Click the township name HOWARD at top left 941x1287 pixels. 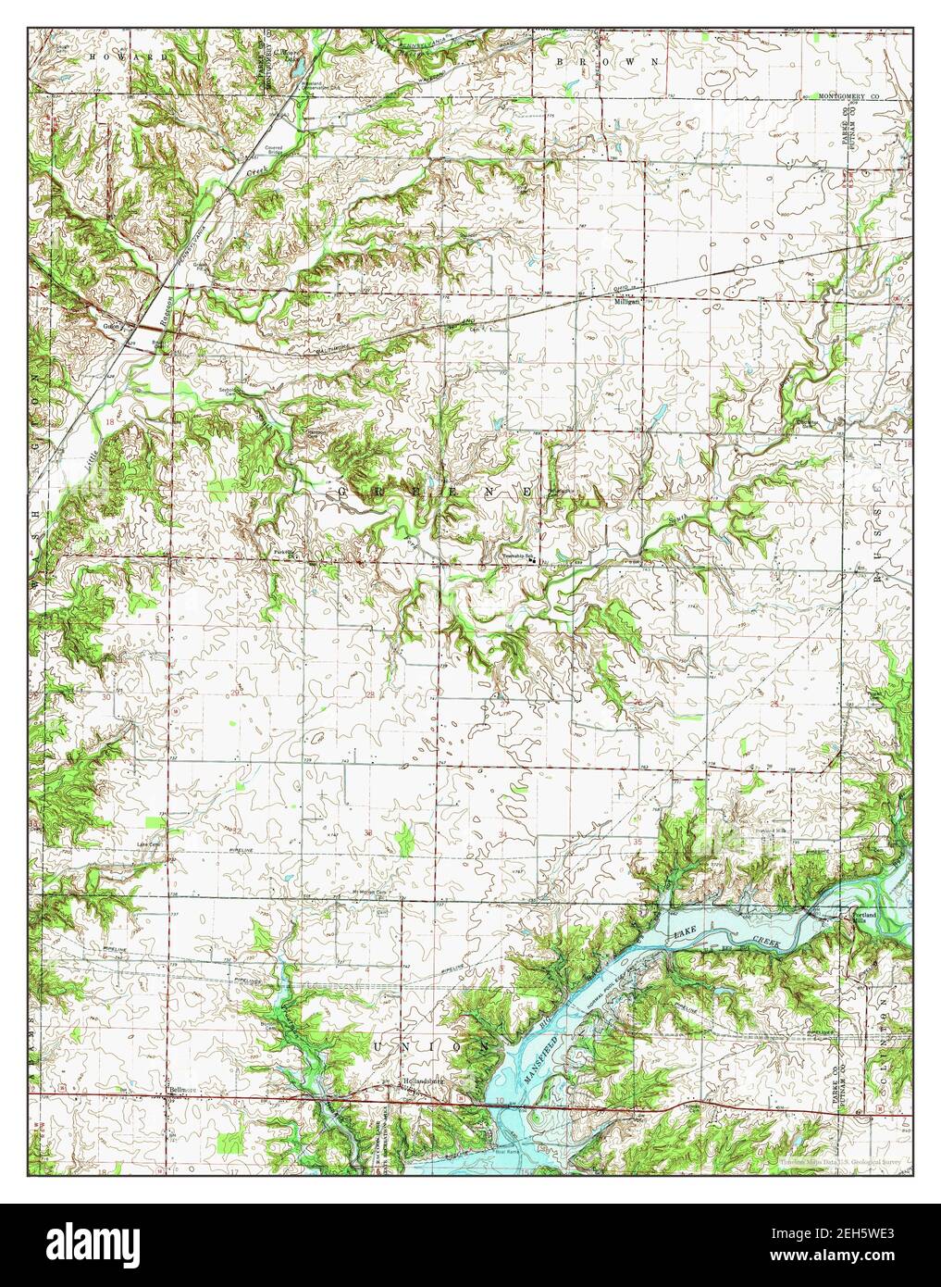pos(130,56)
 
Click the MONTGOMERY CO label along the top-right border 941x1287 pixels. pos(851,95)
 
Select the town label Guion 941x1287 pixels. pos(112,325)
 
